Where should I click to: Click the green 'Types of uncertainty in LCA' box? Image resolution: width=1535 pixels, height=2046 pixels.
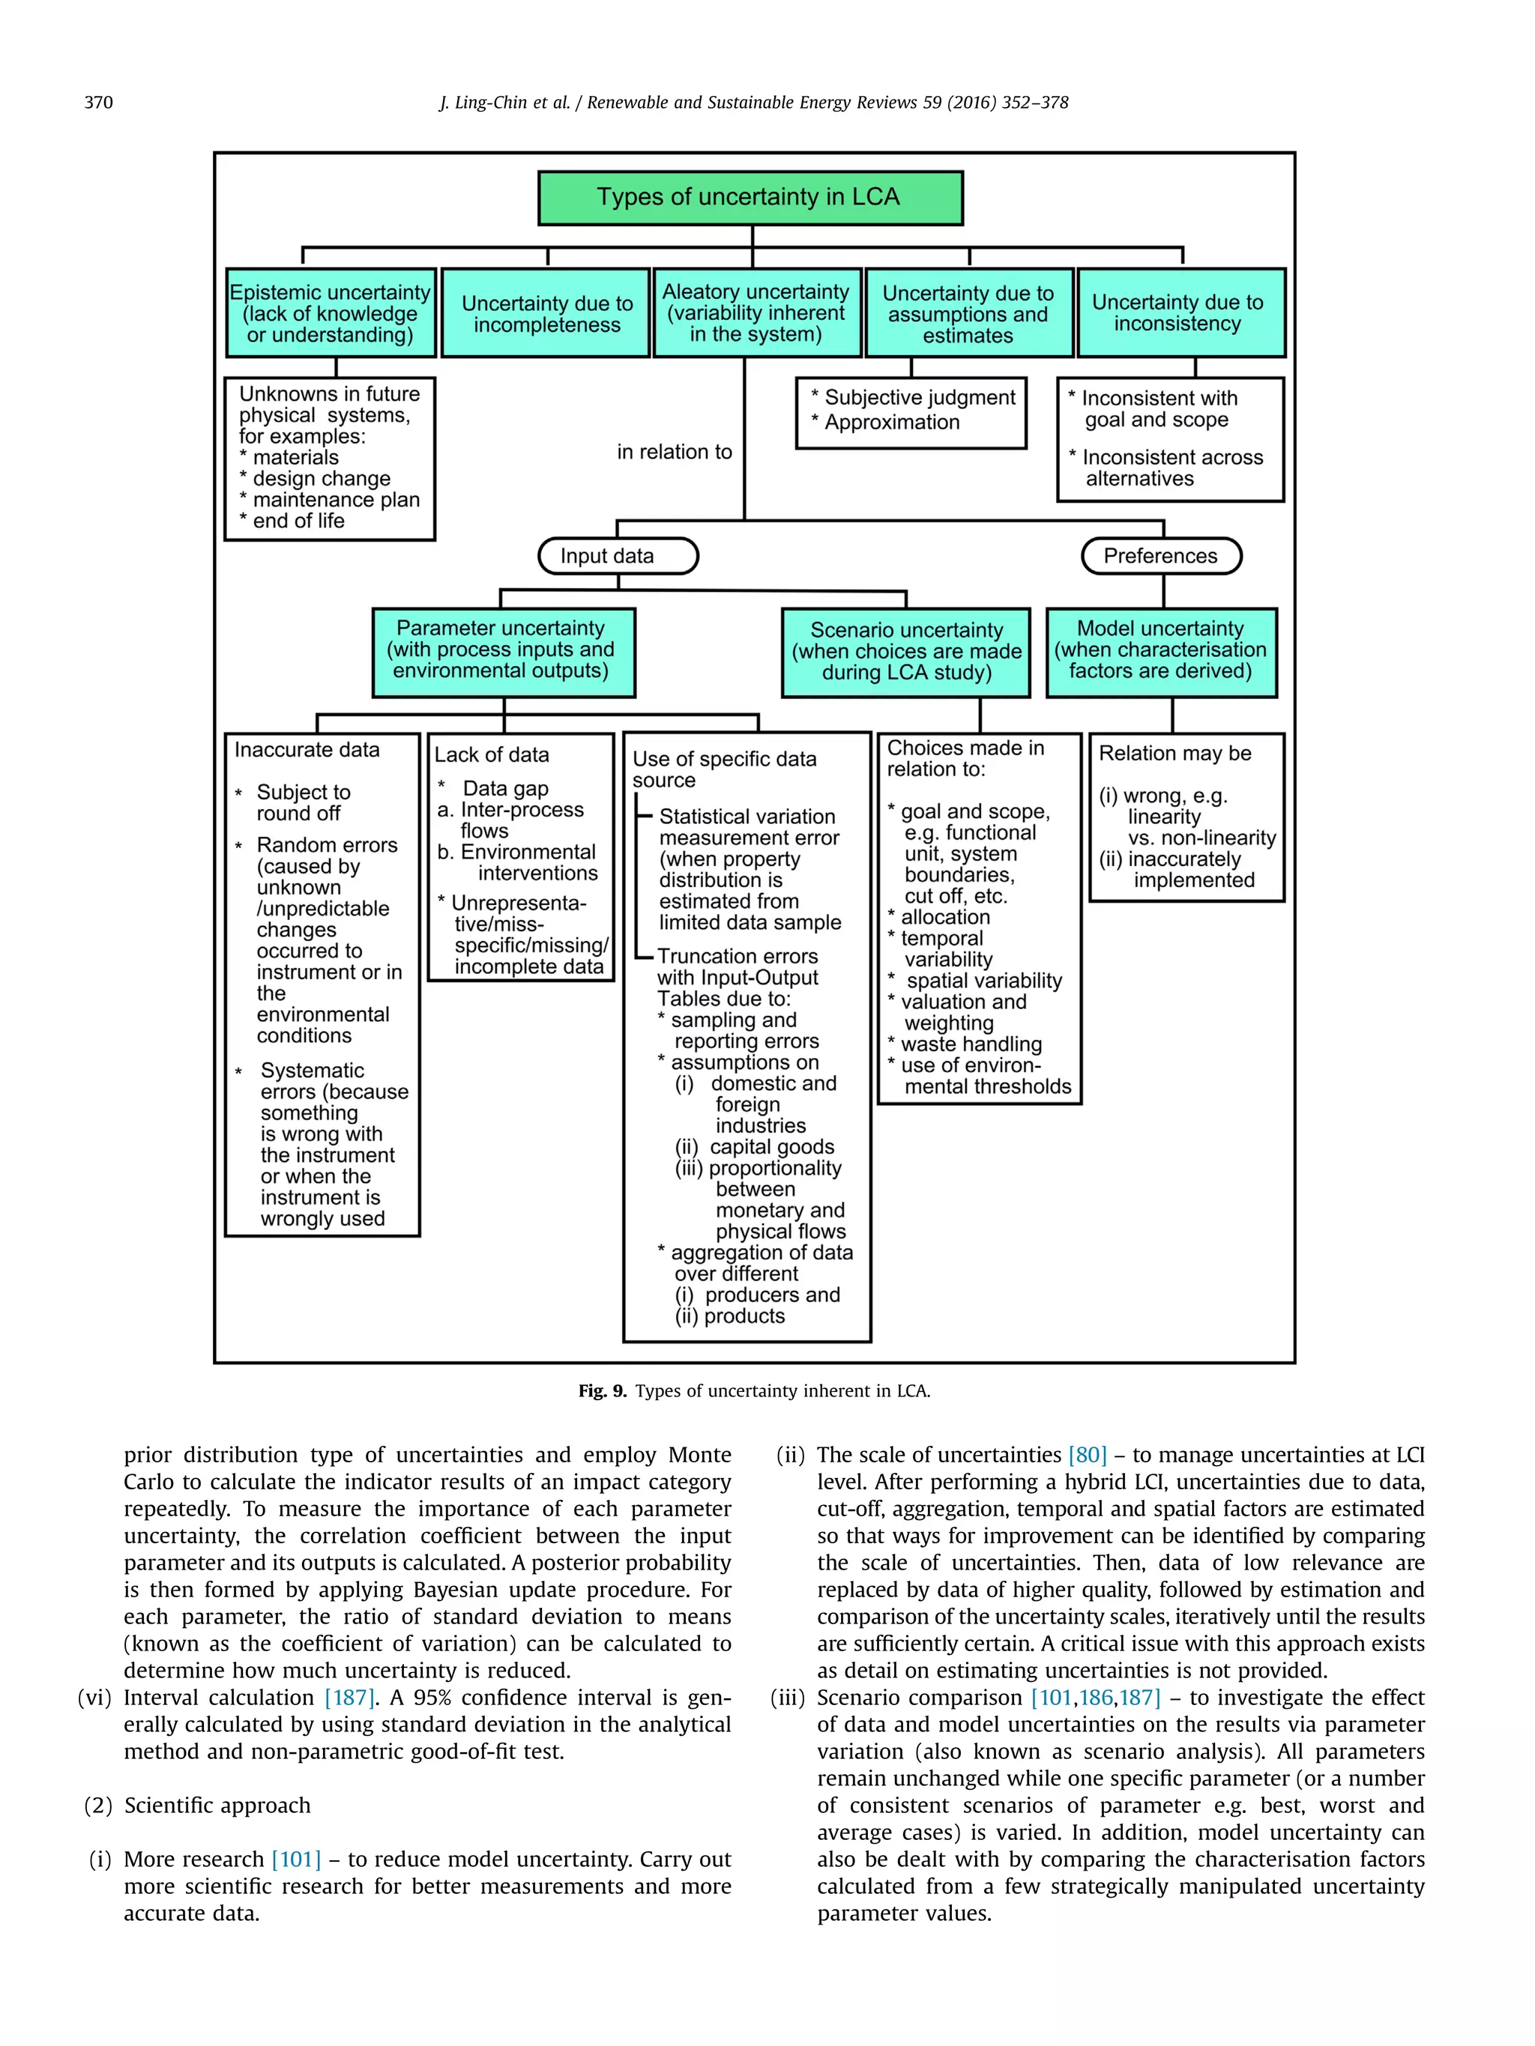pyautogui.click(x=750, y=197)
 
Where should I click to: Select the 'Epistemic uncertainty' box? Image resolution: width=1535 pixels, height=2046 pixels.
pyautogui.click(x=331, y=312)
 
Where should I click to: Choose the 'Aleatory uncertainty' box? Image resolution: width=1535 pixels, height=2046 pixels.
pyautogui.click(x=756, y=312)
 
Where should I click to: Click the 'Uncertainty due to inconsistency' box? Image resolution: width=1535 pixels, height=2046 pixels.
pyautogui.click(x=1180, y=312)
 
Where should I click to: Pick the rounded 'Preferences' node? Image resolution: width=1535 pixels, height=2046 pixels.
pyautogui.click(x=1160, y=556)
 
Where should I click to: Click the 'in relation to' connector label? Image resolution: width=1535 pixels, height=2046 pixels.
pyautogui.click(x=675, y=453)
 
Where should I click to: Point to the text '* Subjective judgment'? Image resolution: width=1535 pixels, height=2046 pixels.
pyautogui.click(x=913, y=398)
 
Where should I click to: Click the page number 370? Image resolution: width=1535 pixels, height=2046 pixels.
pyautogui.click(x=98, y=103)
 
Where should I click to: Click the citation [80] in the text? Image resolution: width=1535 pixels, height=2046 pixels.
pyautogui.click(x=1088, y=1455)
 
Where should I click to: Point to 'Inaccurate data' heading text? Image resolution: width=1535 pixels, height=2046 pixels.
pyautogui.click(x=307, y=750)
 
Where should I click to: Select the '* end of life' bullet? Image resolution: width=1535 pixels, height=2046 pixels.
pyautogui.click(x=292, y=521)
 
